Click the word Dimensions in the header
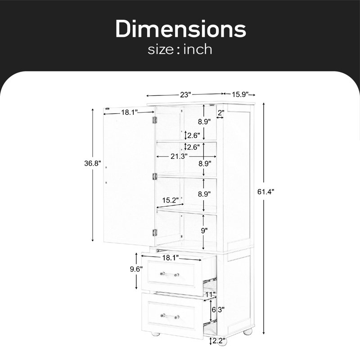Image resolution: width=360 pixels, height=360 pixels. pyautogui.click(x=181, y=29)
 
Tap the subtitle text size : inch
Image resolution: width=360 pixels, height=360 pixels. pyautogui.click(x=180, y=49)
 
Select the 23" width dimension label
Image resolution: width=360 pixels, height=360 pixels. pyautogui.click(x=185, y=94)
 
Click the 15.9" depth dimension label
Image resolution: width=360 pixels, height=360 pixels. pyautogui.click(x=240, y=94)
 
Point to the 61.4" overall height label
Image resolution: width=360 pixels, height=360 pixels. pyautogui.click(x=265, y=192)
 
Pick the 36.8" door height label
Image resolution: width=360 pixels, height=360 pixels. pyautogui.click(x=93, y=163)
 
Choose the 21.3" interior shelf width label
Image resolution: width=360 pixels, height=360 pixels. pyautogui.click(x=179, y=156)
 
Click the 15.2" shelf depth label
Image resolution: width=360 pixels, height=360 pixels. pyautogui.click(x=171, y=200)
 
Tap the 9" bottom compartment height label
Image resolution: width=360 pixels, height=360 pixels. pyautogui.click(x=204, y=230)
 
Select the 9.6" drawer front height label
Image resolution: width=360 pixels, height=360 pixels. pyautogui.click(x=136, y=269)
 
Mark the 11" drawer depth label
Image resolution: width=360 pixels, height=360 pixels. pyautogui.click(x=210, y=294)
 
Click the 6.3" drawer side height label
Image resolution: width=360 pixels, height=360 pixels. pyautogui.click(x=218, y=310)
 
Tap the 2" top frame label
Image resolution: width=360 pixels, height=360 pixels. pyautogui.click(x=221, y=112)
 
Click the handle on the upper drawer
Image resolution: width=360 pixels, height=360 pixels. pyautogui.click(x=170, y=274)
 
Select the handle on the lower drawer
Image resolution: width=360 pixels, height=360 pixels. pyautogui.click(x=170, y=316)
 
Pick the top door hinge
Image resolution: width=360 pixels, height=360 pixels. pyautogui.click(x=154, y=120)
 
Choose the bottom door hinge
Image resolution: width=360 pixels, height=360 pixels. pyautogui.click(x=155, y=233)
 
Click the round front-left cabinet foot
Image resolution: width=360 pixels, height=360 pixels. pyautogui.click(x=156, y=333)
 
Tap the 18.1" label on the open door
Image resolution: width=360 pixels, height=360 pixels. pyautogui.click(x=130, y=112)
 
